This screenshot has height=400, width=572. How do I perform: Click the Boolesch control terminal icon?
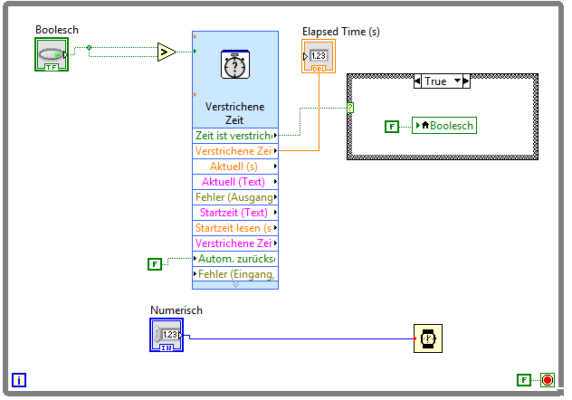[52, 54]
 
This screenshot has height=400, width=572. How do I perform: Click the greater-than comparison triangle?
[167, 52]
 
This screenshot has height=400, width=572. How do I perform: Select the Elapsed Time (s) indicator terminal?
[319, 56]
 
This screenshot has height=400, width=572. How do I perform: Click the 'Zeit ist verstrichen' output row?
[234, 136]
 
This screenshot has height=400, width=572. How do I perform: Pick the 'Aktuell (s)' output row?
[234, 167]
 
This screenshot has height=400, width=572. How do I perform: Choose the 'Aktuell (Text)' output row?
[234, 182]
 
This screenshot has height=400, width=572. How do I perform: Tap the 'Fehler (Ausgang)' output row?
[234, 197]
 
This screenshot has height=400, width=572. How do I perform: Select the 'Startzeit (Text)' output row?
[234, 213]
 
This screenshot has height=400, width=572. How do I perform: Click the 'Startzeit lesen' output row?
[234, 228]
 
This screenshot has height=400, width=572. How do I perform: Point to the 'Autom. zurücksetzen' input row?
[234, 259]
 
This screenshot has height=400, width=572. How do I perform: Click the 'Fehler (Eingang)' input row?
[234, 274]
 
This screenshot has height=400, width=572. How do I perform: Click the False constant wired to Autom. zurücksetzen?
[155, 264]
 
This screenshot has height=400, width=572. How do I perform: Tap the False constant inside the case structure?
[391, 126]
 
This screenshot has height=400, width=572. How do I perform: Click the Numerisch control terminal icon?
[167, 335]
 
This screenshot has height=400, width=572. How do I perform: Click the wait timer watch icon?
[428, 338]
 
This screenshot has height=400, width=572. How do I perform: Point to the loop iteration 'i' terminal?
[20, 380]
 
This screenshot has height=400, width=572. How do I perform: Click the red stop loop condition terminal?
[547, 380]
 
